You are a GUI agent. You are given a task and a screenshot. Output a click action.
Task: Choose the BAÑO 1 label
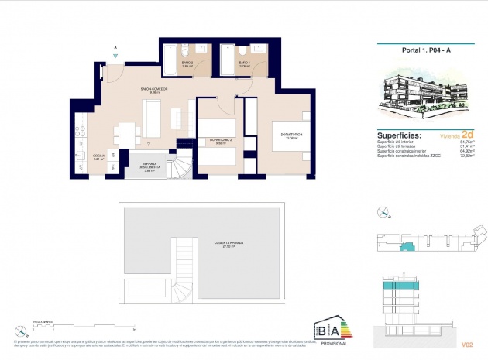[x=244, y=65]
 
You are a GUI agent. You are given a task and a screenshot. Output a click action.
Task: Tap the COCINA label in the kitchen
[x=98, y=157]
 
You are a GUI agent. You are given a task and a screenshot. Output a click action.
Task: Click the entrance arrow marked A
[x=115, y=52]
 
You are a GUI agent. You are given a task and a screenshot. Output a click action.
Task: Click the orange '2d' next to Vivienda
[x=467, y=133]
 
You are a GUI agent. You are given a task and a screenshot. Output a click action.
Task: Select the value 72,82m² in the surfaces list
[x=468, y=156]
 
